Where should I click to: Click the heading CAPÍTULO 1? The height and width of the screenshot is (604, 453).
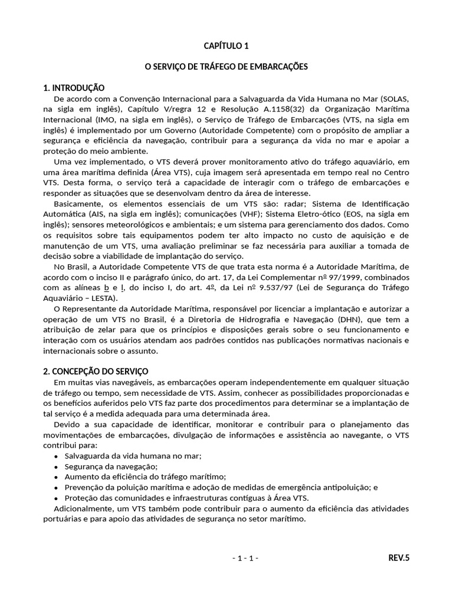point(226,45)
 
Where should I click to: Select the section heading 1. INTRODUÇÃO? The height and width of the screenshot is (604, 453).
point(74,88)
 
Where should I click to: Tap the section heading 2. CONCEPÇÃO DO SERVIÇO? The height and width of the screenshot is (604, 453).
point(96,371)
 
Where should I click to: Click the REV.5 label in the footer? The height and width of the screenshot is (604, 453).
point(398,557)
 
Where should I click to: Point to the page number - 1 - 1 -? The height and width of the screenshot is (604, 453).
point(245,558)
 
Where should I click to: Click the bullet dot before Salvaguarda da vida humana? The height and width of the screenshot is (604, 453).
point(56,456)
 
